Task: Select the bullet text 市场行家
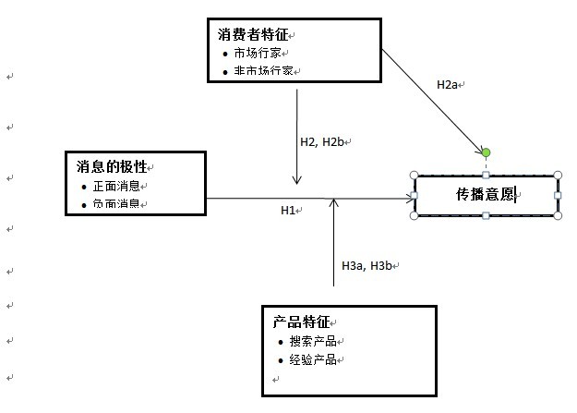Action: click(258, 53)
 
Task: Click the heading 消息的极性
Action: click(111, 166)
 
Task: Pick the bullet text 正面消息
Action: click(115, 186)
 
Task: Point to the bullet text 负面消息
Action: click(115, 203)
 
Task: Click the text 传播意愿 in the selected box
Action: click(485, 195)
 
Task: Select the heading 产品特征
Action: click(301, 322)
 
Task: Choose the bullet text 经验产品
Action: click(312, 359)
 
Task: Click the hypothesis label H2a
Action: click(447, 84)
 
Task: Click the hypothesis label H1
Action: click(288, 211)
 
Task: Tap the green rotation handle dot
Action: click(486, 152)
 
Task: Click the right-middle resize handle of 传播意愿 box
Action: click(557, 195)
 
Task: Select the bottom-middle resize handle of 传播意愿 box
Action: click(486, 216)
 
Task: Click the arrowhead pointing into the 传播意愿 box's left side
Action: click(409, 198)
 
